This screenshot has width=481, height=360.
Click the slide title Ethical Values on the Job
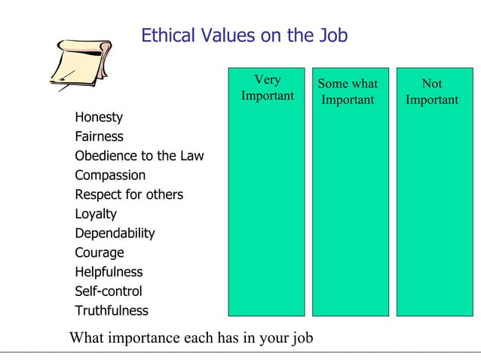[244, 35]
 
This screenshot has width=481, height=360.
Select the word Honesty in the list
[99, 117]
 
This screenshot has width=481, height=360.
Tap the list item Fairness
[99, 137]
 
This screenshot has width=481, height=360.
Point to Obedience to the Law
[139, 157]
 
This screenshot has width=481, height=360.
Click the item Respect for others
[129, 195]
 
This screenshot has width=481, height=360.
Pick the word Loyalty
[96, 214]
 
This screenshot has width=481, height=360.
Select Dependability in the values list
[115, 233]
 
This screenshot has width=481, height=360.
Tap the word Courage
[99, 253]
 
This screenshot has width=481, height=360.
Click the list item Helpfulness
[109, 272]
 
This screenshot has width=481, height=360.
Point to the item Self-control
[108, 291]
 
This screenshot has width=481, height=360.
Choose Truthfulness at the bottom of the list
[112, 311]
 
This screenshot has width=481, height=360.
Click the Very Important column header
[267, 88]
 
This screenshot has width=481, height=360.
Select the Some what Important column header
[348, 92]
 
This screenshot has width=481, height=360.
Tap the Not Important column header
[431, 92]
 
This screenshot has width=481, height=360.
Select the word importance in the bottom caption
[144, 337]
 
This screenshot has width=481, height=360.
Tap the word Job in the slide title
[332, 35]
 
